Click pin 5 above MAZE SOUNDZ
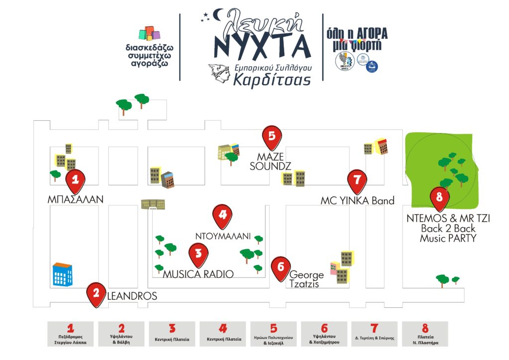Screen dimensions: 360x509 click(271, 136)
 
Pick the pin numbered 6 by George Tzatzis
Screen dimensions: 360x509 click(281, 268)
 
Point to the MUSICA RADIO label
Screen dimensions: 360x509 click(198, 273)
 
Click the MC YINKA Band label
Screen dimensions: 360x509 click(357, 201)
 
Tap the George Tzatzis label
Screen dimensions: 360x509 click(306, 279)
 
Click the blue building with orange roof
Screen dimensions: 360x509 click(63, 274)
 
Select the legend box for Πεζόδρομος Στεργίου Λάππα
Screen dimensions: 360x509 click(71, 334)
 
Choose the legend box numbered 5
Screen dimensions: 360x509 click(274, 334)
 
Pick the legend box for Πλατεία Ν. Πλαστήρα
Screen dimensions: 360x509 click(425, 334)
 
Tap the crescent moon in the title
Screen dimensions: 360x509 click(218, 16)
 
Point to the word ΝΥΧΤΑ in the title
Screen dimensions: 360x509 click(262, 46)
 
